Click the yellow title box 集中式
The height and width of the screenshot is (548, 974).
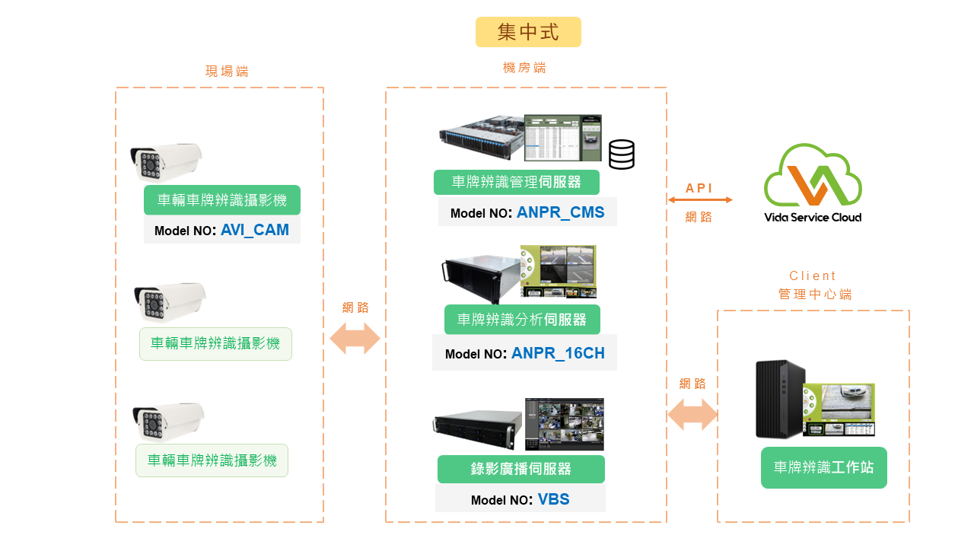tap(528, 32)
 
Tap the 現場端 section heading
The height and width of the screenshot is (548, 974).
tap(227, 72)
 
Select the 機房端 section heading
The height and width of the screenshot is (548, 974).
tap(524, 68)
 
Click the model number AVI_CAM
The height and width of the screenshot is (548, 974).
tap(255, 230)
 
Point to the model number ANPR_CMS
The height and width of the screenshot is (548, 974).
tap(560, 212)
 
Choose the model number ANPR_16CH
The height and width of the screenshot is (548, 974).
tap(558, 353)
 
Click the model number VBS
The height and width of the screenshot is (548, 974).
tap(553, 499)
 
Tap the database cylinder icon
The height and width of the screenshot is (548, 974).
tap(622, 155)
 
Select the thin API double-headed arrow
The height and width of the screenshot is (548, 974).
tap(700, 200)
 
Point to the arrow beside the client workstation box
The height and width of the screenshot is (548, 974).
tap(692, 415)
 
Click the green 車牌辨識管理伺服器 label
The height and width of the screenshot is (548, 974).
tap(517, 182)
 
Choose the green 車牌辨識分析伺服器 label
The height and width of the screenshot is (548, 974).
tap(522, 320)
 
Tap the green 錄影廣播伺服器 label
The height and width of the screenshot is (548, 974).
tap(521, 469)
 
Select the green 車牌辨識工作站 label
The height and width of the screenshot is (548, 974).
tap(824, 467)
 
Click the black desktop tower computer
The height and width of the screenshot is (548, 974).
tap(780, 399)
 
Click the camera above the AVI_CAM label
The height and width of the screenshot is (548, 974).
tap(166, 162)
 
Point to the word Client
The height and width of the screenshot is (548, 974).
tap(813, 276)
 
